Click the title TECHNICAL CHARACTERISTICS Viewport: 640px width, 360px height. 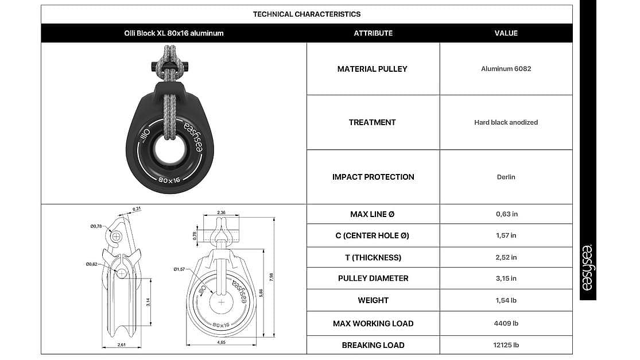coord(307,14)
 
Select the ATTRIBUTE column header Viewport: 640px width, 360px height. coord(373,33)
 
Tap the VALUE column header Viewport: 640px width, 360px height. coord(506,33)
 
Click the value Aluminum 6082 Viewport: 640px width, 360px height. coord(506,68)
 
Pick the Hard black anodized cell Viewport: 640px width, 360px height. coord(506,122)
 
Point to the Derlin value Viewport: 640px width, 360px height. coord(506,177)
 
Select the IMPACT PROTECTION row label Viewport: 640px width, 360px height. coord(373,177)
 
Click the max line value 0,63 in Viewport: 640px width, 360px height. coord(506,214)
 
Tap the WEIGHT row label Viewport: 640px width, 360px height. coord(373,300)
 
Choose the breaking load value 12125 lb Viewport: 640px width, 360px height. coord(506,345)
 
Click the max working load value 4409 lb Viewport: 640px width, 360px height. coord(506,323)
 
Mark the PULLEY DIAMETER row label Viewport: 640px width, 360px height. coord(373,278)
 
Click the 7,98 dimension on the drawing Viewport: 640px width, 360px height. coord(271,277)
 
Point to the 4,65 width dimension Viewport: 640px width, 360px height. coord(221,342)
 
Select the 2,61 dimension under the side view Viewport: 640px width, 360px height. coord(121,345)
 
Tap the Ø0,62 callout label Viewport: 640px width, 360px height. coord(92,264)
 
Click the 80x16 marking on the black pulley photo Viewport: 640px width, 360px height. coord(169,180)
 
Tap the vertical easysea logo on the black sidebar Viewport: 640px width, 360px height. coord(587,268)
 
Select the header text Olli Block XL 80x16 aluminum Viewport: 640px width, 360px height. coord(174,33)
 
